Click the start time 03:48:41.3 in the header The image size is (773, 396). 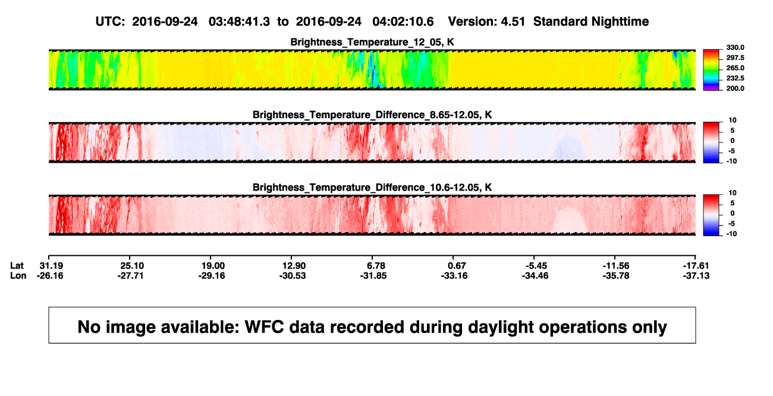[x=239, y=22]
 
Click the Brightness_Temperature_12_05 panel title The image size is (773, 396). [x=372, y=42]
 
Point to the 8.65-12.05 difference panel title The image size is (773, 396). [x=372, y=115]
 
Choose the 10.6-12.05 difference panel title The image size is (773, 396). [x=372, y=188]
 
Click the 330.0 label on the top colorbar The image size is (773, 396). [x=735, y=47]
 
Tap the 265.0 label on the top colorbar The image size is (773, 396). [x=735, y=68]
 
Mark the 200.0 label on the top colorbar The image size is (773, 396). [x=735, y=88]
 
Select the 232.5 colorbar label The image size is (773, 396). [x=735, y=78]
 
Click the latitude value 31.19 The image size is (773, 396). [x=51, y=266]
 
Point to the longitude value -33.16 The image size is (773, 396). [x=454, y=275]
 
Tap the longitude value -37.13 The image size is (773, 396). [x=696, y=275]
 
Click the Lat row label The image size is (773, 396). [x=17, y=266]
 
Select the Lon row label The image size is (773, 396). [x=18, y=275]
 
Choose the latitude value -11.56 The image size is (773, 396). [x=616, y=266]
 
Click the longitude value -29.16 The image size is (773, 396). [x=212, y=275]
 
